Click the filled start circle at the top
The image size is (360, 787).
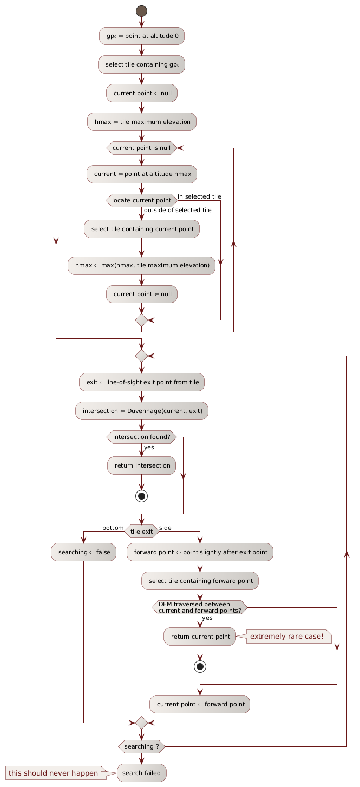[x=142, y=10]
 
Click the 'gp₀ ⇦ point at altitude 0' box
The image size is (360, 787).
[x=142, y=36]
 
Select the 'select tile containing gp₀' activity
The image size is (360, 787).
[x=142, y=64]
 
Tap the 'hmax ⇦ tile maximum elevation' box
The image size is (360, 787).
[x=142, y=122]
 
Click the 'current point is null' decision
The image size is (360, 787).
[x=142, y=148]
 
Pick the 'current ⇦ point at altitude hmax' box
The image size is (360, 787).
[x=142, y=174]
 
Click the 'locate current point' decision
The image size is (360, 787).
[x=142, y=200]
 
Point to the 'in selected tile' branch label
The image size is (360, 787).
[x=199, y=196]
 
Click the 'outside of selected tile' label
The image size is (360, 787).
[x=178, y=210]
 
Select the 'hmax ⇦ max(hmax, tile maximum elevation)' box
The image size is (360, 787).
[x=142, y=265]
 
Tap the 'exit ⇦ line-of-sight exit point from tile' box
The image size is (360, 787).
[x=142, y=382]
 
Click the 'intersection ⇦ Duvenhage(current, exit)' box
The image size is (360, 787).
[x=142, y=411]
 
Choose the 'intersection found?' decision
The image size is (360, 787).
[x=142, y=437]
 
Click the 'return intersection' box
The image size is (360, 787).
[x=142, y=465]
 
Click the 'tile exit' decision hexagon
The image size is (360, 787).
[x=142, y=532]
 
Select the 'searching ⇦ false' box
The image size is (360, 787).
[x=83, y=552]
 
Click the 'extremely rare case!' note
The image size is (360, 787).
[x=289, y=636]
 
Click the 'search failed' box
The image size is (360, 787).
[x=142, y=773]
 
